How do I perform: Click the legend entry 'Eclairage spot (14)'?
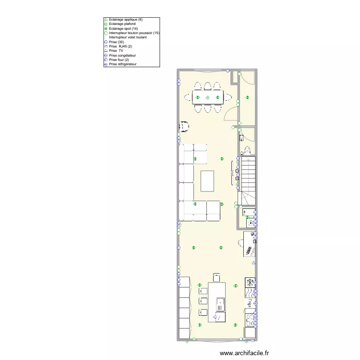[x=123, y=29]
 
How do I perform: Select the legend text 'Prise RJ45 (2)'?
[x=120, y=47]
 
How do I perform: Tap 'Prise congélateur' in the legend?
[x=122, y=55]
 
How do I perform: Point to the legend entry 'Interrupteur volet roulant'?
[x=128, y=37]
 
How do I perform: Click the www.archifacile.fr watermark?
[x=244, y=353]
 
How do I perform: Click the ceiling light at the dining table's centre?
[x=208, y=97]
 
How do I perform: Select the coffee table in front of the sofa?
[x=207, y=181]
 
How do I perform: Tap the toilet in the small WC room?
[x=247, y=150]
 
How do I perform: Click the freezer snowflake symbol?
[x=250, y=283]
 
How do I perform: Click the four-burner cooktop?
[x=250, y=320]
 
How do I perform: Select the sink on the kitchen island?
[x=220, y=305]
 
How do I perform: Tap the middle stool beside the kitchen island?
[x=203, y=301]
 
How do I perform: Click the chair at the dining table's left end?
[x=188, y=97]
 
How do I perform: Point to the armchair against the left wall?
[x=184, y=127]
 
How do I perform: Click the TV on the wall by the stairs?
[x=232, y=173]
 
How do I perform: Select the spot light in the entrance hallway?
[x=247, y=97]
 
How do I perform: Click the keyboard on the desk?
[x=249, y=251]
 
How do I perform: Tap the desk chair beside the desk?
[x=240, y=243]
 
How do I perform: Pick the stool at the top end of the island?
[x=216, y=277]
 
